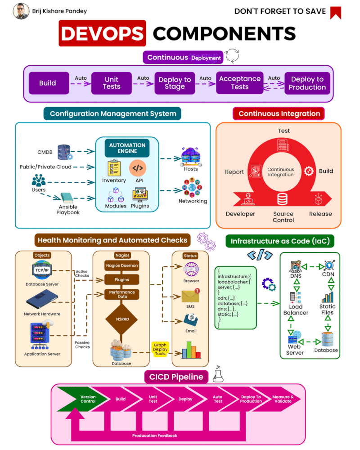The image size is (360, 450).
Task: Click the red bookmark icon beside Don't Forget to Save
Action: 335,13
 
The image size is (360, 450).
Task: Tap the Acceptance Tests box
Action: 239,83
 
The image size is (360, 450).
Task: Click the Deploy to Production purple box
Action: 307,83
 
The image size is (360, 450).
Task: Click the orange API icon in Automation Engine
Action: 138,168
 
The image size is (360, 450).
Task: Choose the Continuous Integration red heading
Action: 279,113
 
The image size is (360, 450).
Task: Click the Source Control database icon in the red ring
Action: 283,198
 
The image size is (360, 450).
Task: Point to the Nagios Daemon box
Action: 121,265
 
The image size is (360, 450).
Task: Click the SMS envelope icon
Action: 190,296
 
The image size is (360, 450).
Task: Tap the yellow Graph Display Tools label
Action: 160,350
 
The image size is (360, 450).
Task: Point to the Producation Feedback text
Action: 154,436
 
